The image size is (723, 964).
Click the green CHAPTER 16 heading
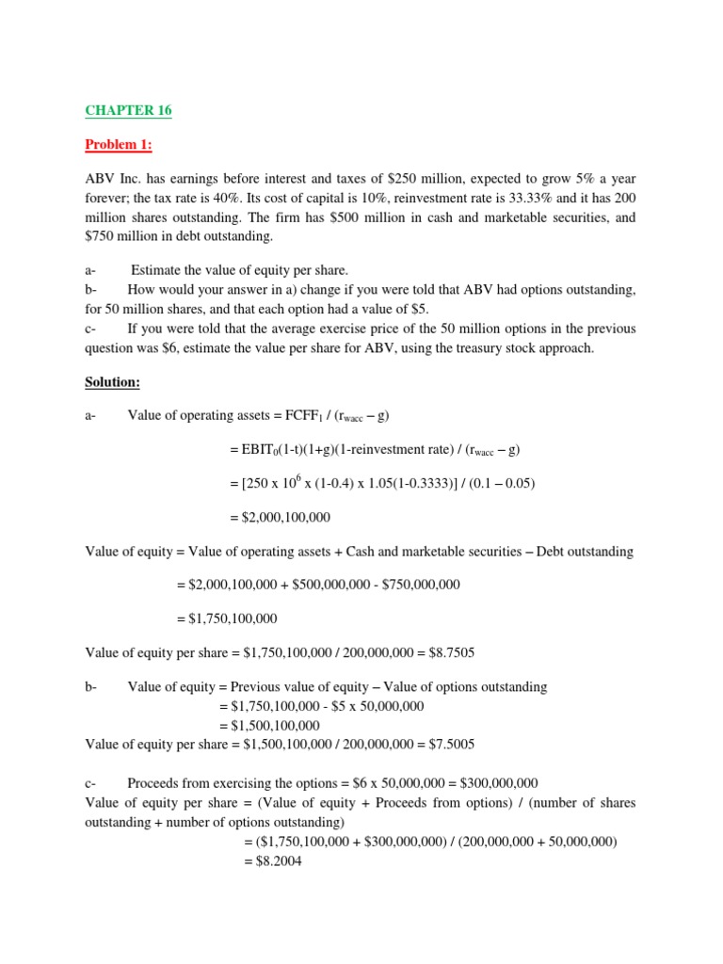coord(129,110)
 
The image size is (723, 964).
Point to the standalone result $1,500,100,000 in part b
coord(269,726)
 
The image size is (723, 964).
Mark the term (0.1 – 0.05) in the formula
coord(502,484)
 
